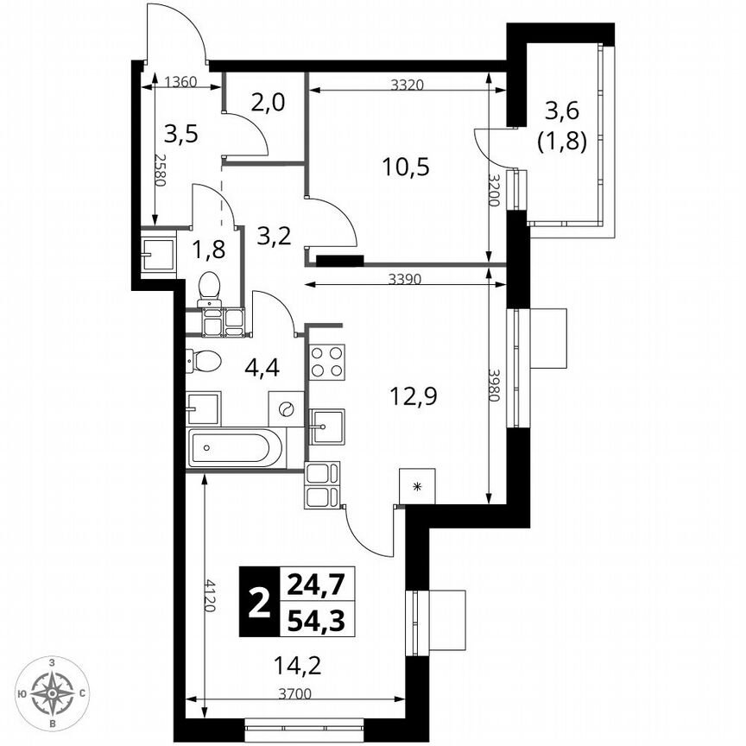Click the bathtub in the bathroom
(x=235, y=449)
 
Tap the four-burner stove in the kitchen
(x=327, y=362)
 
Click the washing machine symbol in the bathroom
(x=287, y=408)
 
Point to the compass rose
(x=53, y=692)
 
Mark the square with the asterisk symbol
(x=419, y=487)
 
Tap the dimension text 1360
(x=180, y=83)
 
